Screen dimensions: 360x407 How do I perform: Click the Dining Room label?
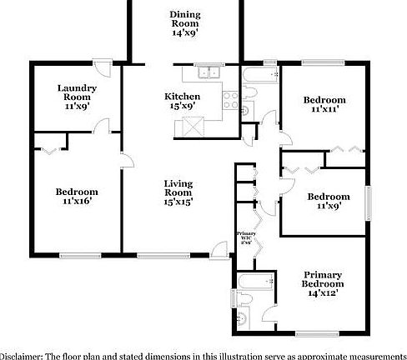184,24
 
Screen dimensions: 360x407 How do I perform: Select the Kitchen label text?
183,101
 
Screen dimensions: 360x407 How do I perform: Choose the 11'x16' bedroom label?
77,196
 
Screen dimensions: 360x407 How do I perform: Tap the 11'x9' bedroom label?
328,202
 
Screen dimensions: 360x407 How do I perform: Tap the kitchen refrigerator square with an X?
195,127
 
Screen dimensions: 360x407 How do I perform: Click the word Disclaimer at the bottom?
26,354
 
